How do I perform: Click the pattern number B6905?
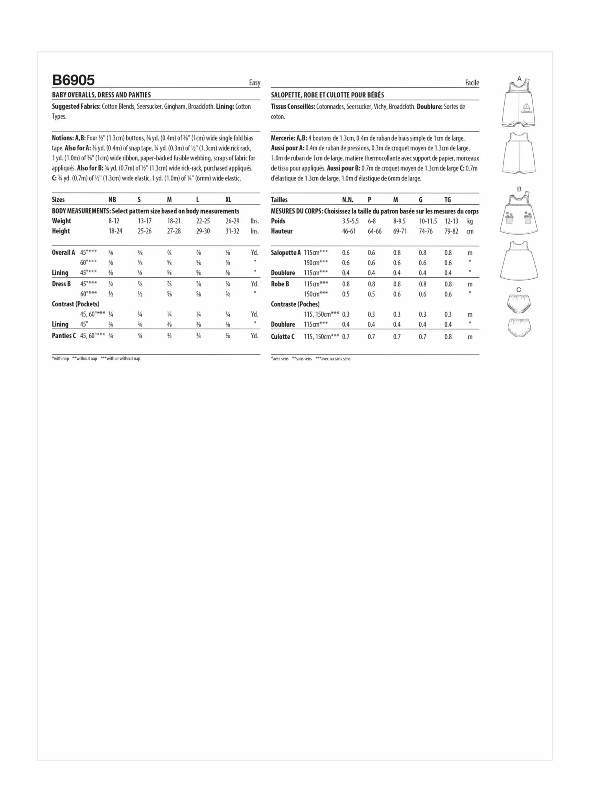pyautogui.click(x=73, y=80)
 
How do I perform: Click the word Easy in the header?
pyautogui.click(x=254, y=82)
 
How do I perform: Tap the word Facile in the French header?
pyautogui.click(x=472, y=82)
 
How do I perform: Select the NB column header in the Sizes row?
pyautogui.click(x=112, y=200)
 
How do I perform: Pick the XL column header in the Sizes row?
pyautogui.click(x=228, y=200)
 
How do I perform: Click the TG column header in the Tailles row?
pyautogui.click(x=448, y=200)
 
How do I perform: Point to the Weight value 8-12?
pyautogui.click(x=114, y=221)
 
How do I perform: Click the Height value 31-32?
pyautogui.click(x=232, y=231)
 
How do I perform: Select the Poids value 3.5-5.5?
pyautogui.click(x=350, y=221)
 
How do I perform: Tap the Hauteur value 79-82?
pyautogui.click(x=451, y=231)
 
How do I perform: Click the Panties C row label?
pyautogui.click(x=64, y=336)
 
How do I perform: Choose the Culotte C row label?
pyautogui.click(x=282, y=337)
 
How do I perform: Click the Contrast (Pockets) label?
pyautogui.click(x=76, y=304)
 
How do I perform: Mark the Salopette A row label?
pyautogui.click(x=286, y=252)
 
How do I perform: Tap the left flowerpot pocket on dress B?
pyautogui.click(x=510, y=218)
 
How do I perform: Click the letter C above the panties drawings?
pyautogui.click(x=518, y=290)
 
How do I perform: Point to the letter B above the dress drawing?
pyautogui.click(x=519, y=189)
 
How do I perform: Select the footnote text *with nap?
pyautogui.click(x=61, y=359)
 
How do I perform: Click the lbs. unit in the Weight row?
pyautogui.click(x=254, y=221)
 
